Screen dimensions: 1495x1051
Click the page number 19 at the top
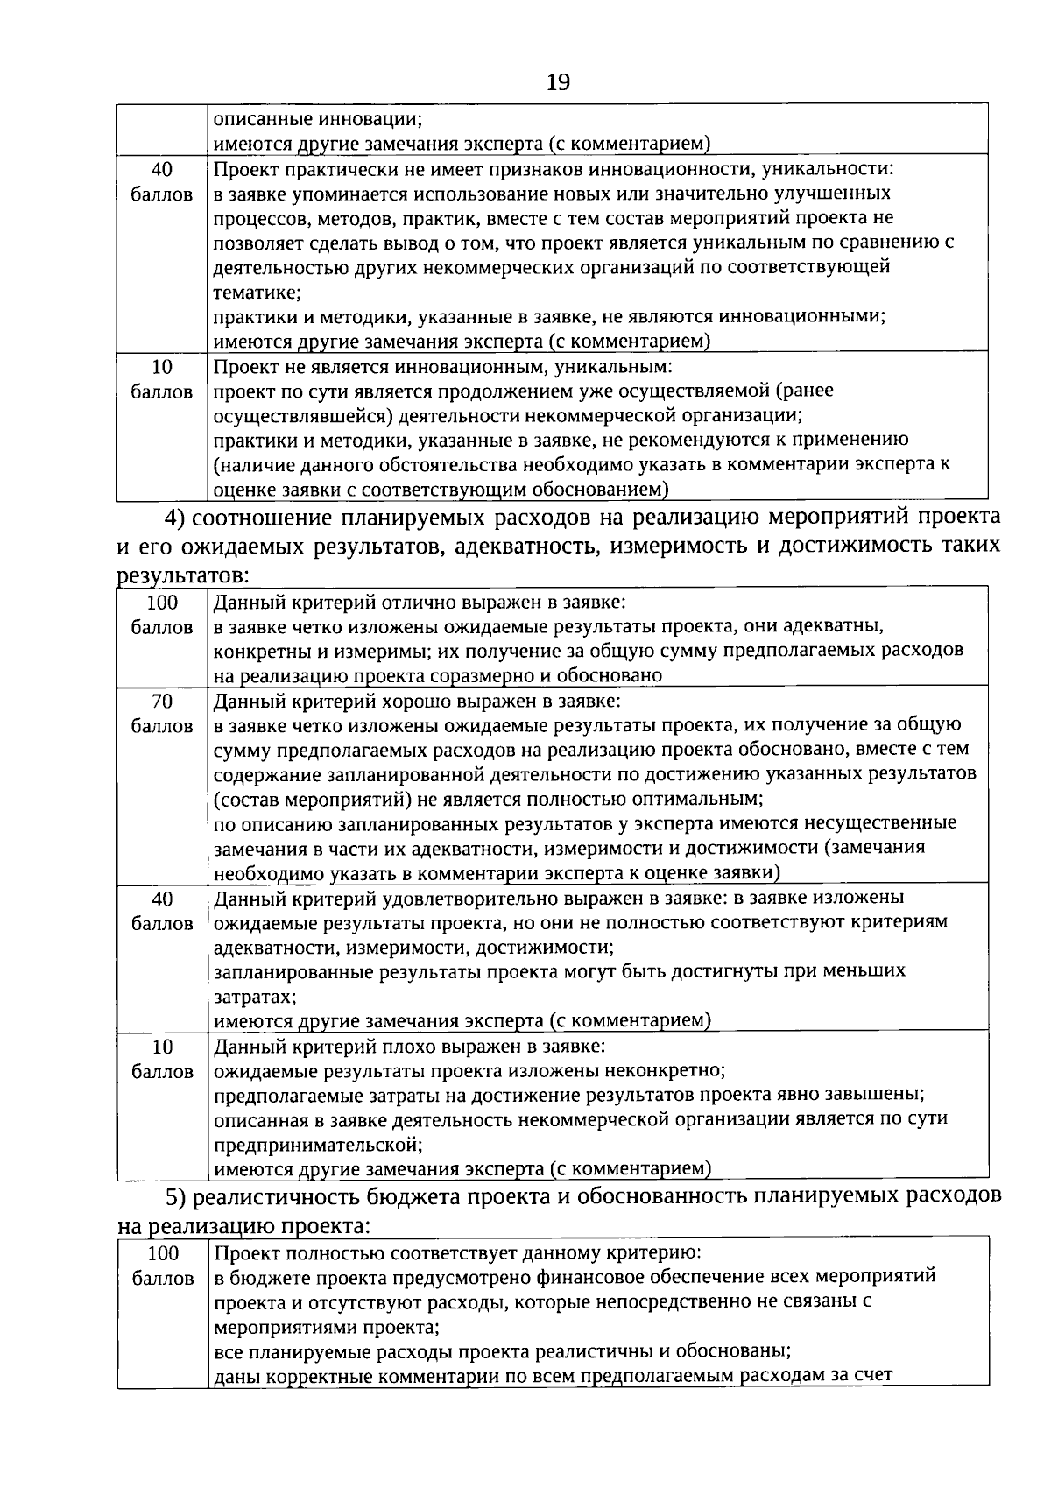[558, 82]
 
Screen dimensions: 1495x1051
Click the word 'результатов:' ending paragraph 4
[184, 575]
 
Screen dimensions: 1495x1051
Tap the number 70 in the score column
[162, 701]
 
